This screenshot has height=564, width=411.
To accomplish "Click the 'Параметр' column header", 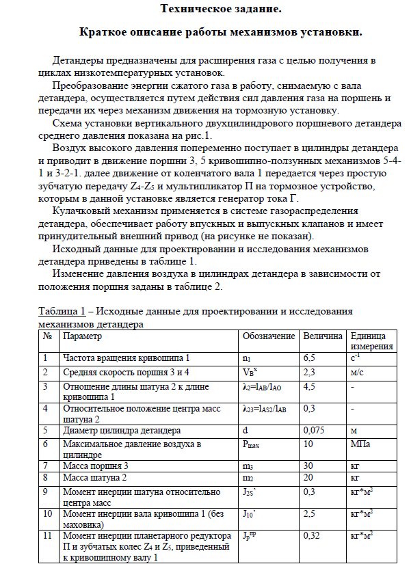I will [82, 336].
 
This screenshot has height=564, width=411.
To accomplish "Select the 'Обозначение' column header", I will [269, 336].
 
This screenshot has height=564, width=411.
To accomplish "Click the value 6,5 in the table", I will [309, 358].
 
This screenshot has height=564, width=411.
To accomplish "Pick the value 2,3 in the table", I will [309, 373].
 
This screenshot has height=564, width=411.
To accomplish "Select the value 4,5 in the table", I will [309, 387].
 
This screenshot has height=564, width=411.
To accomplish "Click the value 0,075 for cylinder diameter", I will [314, 431].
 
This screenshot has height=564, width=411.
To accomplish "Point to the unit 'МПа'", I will [360, 445].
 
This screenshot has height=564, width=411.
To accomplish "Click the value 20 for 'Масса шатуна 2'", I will [308, 477].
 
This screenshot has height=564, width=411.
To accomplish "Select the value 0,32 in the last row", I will [311, 535].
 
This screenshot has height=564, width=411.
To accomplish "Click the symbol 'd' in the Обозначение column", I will [245, 431].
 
